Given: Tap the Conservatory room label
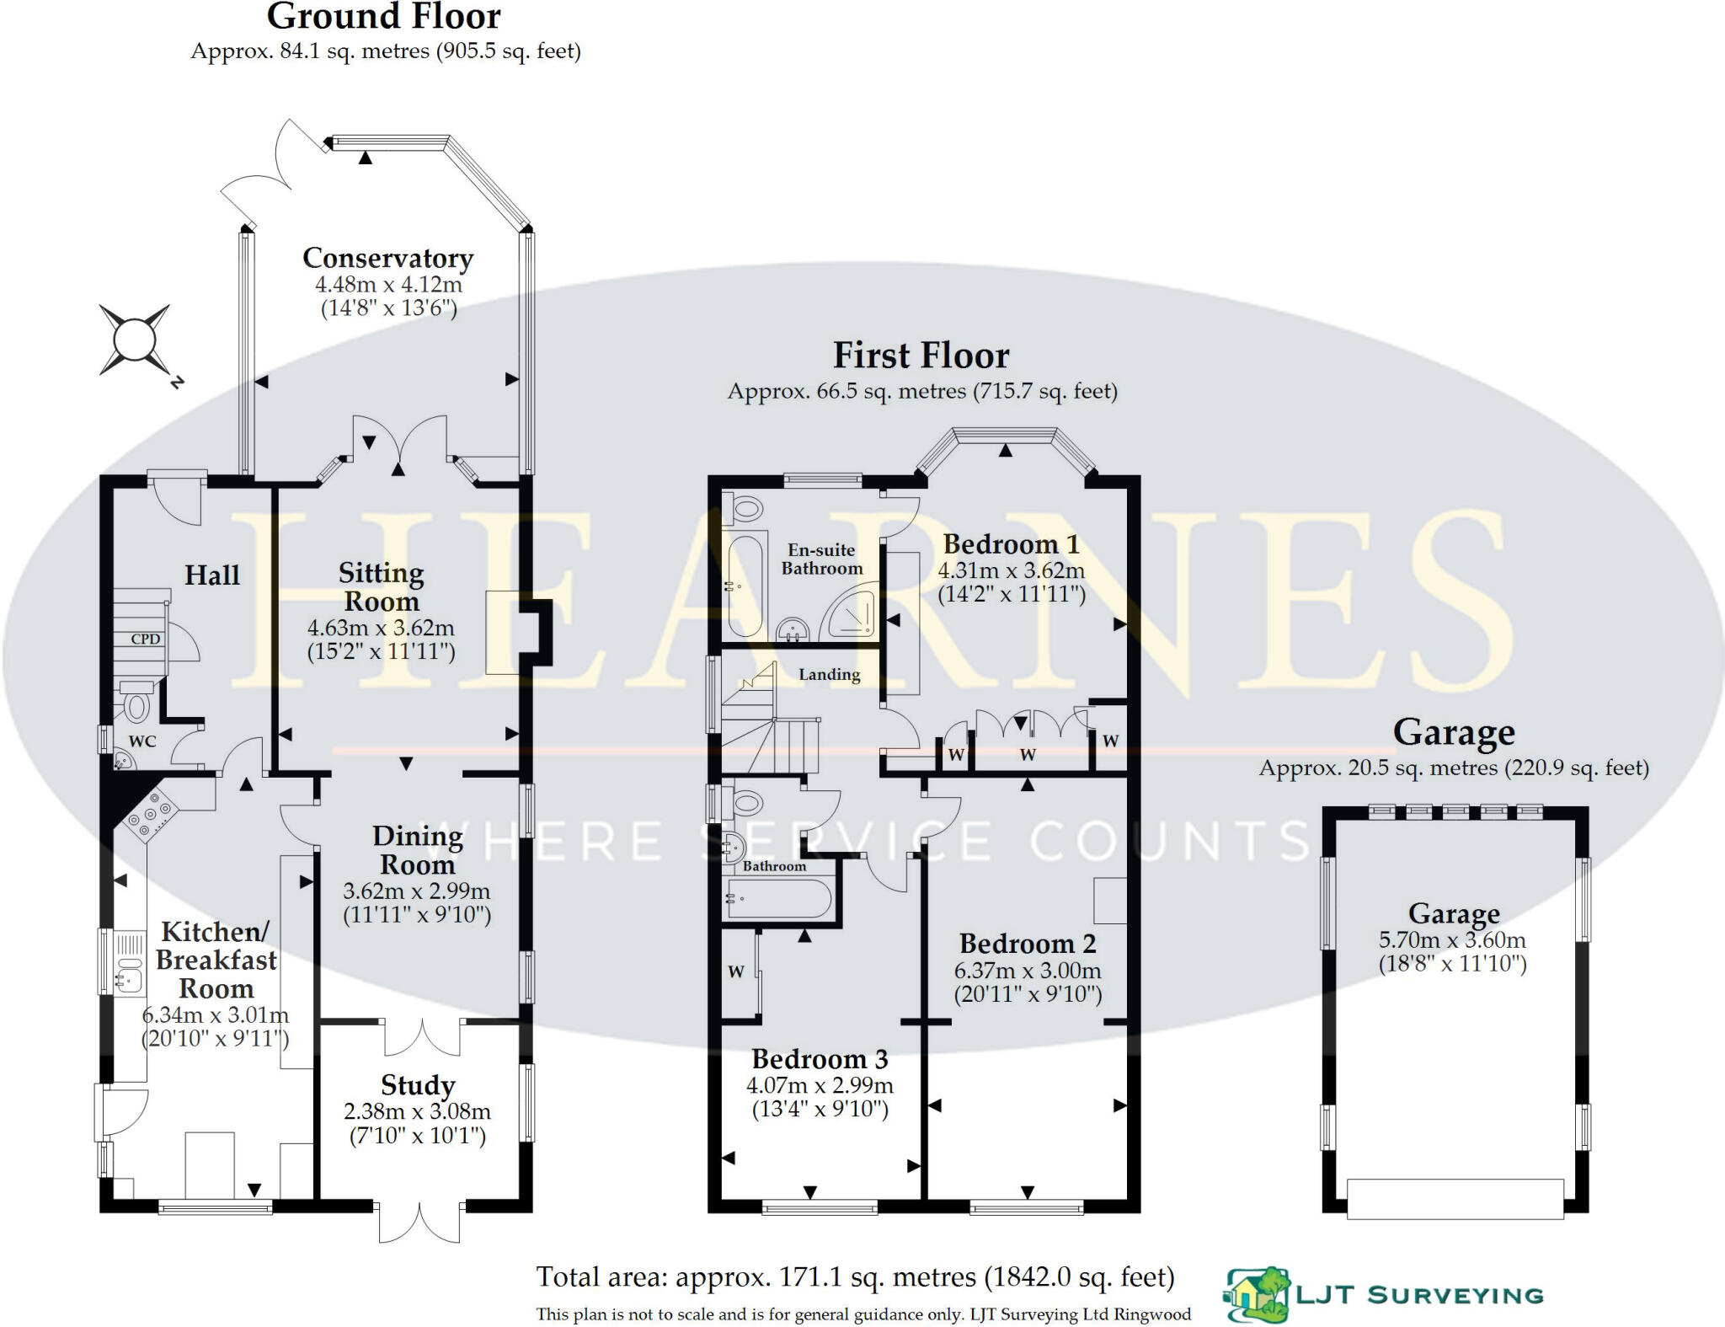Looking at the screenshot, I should pyautogui.click(x=387, y=258).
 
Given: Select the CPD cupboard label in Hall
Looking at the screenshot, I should pyautogui.click(x=145, y=639).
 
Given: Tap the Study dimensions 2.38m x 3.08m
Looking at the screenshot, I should pyautogui.click(x=417, y=1111).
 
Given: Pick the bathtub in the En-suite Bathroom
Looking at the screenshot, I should pyautogui.click(x=745, y=586).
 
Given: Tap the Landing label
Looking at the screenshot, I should pyautogui.click(x=830, y=674).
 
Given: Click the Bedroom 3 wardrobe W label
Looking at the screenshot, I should pyautogui.click(x=735, y=971).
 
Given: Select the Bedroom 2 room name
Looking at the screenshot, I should pyautogui.click(x=1028, y=943).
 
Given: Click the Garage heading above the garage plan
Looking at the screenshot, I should pyautogui.click(x=1454, y=732).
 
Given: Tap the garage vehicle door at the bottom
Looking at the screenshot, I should pyautogui.click(x=1455, y=1198).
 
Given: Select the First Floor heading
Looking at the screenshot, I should pyautogui.click(x=921, y=355).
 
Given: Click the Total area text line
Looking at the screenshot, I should pyautogui.click(x=855, y=1277).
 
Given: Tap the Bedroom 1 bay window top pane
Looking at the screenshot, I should pyautogui.click(x=1004, y=435).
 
